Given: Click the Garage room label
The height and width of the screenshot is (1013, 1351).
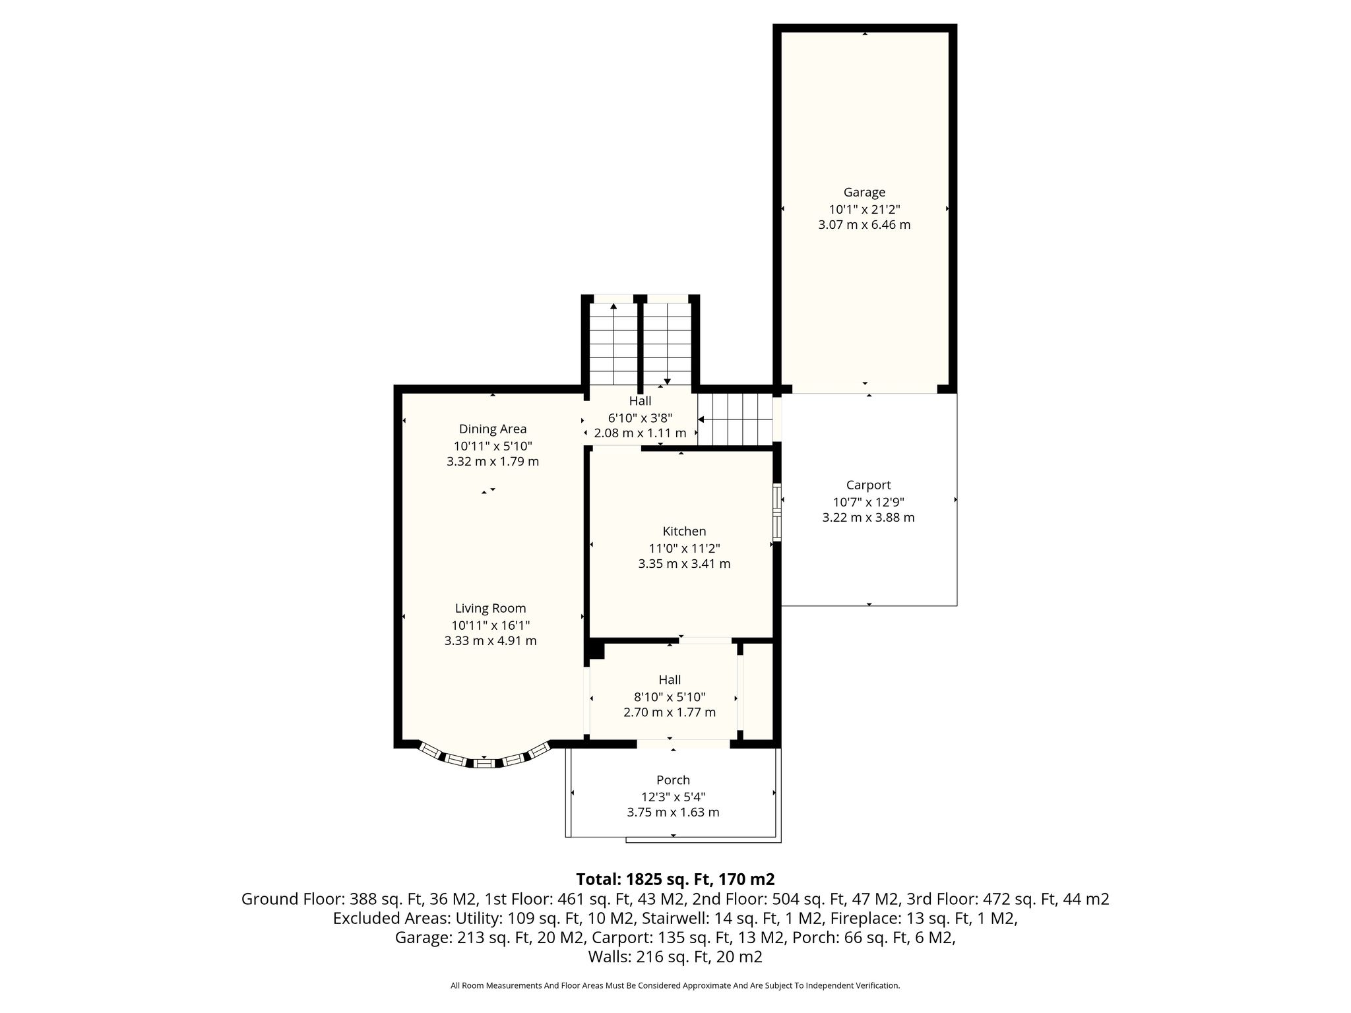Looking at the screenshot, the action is tap(864, 193).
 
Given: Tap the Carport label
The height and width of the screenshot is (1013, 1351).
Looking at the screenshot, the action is tap(868, 485).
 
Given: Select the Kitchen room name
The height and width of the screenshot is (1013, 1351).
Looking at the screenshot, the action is tap(684, 532).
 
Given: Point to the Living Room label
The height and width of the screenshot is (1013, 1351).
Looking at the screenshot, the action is tap(490, 609).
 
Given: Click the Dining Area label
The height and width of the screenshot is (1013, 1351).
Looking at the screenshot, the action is tap(493, 429).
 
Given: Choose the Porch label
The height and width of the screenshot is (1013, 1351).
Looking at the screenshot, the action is tap(673, 780).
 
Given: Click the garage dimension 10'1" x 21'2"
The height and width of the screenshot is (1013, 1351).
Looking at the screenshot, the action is tap(864, 209).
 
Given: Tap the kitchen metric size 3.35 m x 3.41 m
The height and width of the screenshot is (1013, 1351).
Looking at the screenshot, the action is tap(684, 564).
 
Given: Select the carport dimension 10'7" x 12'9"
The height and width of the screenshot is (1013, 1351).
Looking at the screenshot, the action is tap(868, 502).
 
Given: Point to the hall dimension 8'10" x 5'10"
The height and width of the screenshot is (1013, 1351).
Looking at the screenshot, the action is tap(670, 696).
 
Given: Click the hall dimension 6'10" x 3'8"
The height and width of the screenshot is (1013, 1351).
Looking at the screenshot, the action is tap(640, 417).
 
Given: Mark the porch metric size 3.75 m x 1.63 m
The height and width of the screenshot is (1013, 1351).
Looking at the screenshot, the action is tap(673, 813).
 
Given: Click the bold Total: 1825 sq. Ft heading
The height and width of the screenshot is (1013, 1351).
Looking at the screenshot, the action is tap(675, 879).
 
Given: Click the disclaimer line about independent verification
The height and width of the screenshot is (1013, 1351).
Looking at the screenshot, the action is tap(675, 986).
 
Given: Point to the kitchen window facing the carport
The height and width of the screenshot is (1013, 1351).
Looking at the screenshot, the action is tap(777, 512).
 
